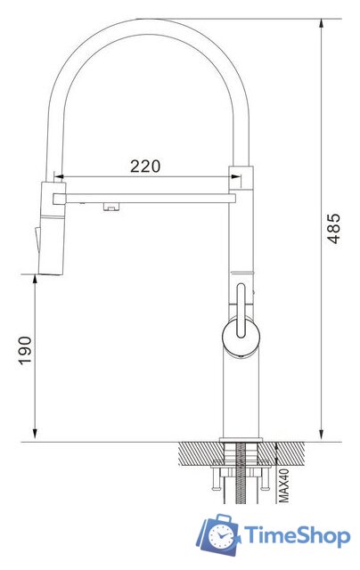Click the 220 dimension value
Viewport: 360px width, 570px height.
[145, 165]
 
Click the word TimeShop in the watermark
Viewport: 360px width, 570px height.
[297, 536]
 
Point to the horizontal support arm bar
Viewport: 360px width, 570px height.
[147, 196]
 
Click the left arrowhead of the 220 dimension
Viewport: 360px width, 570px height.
[62, 175]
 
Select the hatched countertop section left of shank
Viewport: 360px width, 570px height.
[200, 454]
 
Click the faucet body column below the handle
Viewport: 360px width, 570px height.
[239, 396]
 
